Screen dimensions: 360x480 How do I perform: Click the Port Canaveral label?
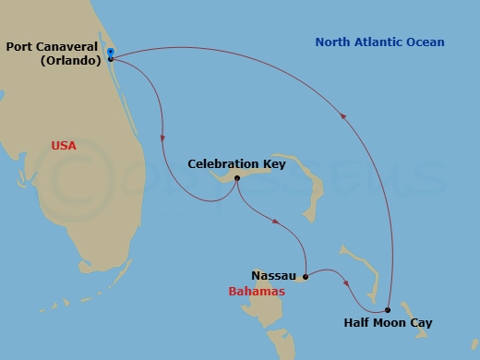click(54, 43)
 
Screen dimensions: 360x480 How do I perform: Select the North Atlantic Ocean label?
click(379, 42)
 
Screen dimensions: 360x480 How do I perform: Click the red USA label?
click(64, 146)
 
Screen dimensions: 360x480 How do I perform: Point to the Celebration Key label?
click(236, 164)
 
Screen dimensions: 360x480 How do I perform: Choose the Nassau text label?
click(273, 275)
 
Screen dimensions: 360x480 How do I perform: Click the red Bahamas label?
click(257, 292)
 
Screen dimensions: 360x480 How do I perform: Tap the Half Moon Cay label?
click(388, 322)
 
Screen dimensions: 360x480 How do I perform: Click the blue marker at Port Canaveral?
click(110, 52)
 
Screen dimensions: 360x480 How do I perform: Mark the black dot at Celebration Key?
click(237, 178)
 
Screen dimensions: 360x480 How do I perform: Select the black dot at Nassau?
click(305, 275)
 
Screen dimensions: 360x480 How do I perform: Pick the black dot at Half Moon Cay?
click(389, 309)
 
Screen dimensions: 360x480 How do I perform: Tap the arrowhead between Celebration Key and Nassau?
click(277, 222)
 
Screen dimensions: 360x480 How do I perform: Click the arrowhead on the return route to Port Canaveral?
click(344, 115)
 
